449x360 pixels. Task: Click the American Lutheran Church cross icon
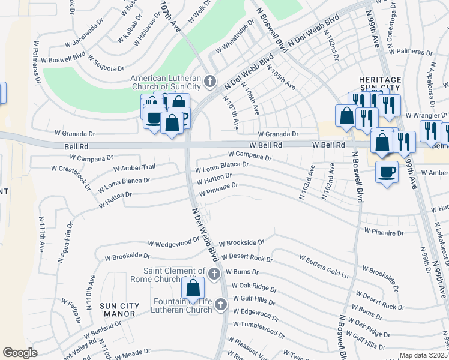click(x=210, y=80)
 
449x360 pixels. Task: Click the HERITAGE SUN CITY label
click(x=379, y=85)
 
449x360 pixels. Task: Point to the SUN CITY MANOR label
click(x=119, y=310)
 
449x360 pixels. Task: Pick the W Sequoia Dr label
click(x=109, y=64)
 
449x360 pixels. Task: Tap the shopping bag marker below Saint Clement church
click(x=193, y=288)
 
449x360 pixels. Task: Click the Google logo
click(x=20, y=353)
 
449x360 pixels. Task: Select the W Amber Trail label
click(x=134, y=169)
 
